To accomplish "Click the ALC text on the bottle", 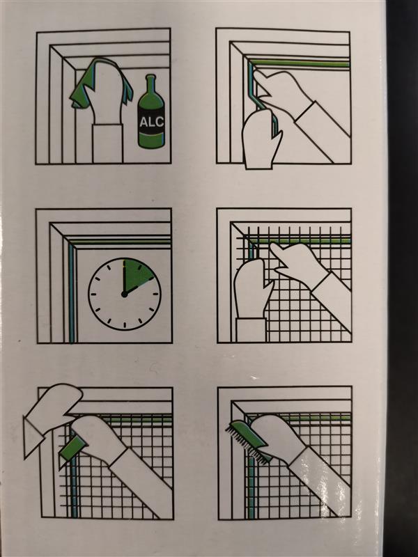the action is click(x=151, y=122).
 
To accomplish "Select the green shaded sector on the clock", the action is click(x=136, y=274).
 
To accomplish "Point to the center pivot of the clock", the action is click(x=124, y=294).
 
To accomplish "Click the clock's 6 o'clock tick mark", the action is click(x=125, y=324).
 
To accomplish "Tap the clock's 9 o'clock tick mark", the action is click(x=94, y=294).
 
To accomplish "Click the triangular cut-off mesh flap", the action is click(x=33, y=437).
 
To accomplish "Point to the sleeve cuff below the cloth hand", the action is click(x=107, y=143).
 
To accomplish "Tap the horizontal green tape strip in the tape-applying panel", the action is click(x=300, y=64).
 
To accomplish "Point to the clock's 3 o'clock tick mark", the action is click(x=155, y=294).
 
